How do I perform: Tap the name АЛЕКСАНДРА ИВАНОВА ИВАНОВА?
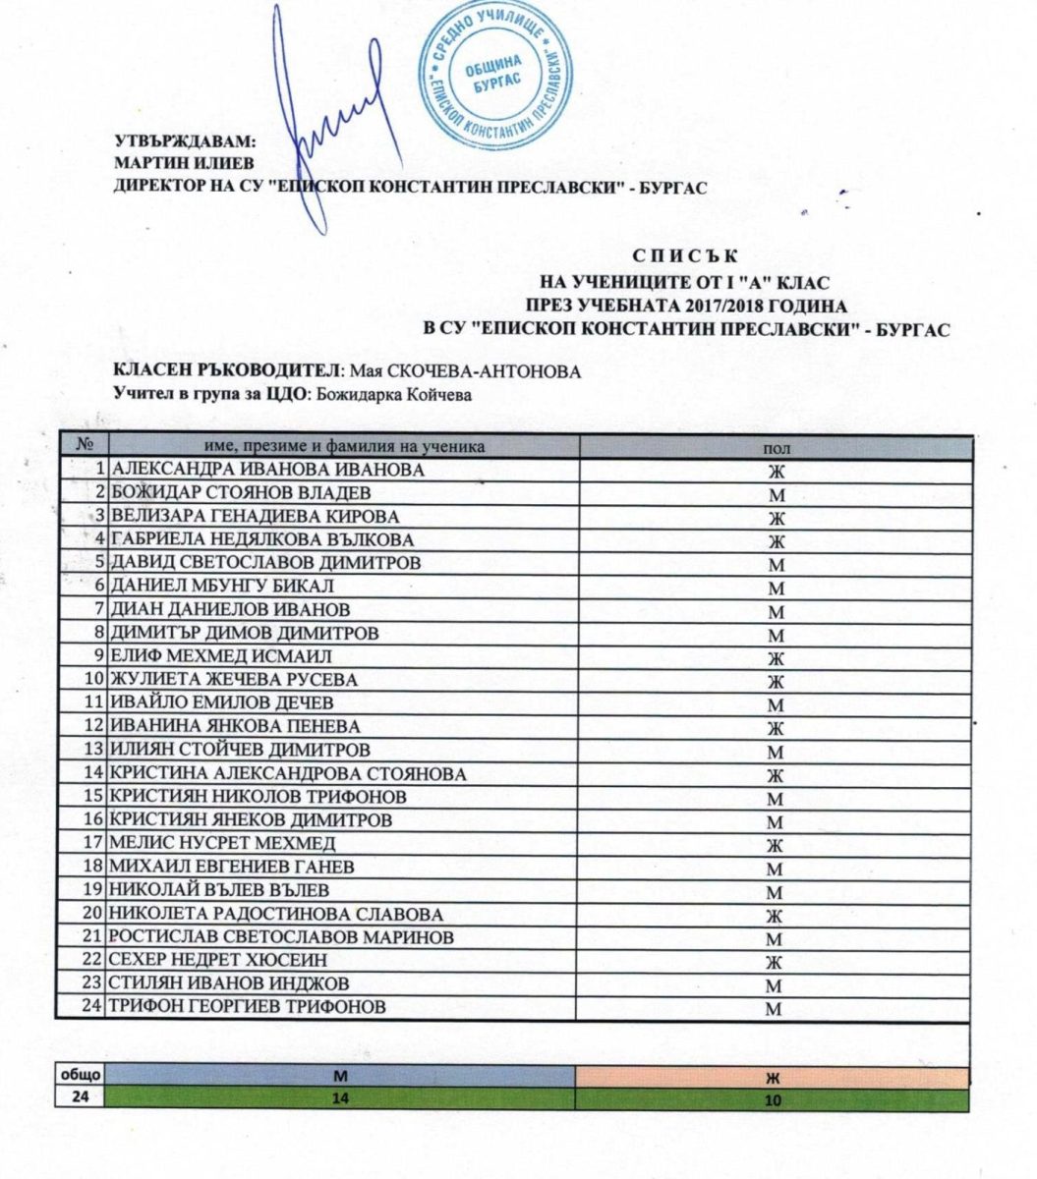[266, 470]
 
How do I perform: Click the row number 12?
[94, 726]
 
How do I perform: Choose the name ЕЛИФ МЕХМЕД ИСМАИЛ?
[220, 656]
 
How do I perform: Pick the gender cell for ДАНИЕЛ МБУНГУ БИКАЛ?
[776, 588]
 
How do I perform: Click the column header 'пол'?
[777, 447]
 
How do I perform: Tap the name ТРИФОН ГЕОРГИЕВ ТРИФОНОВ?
[247, 1006]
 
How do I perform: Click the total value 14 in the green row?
[340, 1100]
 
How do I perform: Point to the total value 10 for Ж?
[774, 1100]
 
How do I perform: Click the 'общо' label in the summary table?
[79, 1077]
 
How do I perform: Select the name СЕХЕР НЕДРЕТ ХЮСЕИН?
[218, 960]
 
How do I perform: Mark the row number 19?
[94, 890]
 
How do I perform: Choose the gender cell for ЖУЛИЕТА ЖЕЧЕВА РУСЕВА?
[776, 681]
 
